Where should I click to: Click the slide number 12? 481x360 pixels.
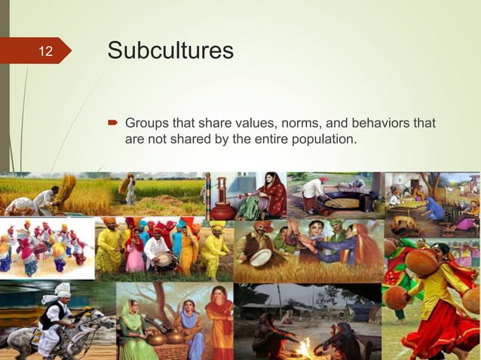[46, 51]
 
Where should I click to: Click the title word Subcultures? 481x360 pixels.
[170, 50]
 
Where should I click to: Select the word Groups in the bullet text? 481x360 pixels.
[147, 123]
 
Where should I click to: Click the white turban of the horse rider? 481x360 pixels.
[62, 290]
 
